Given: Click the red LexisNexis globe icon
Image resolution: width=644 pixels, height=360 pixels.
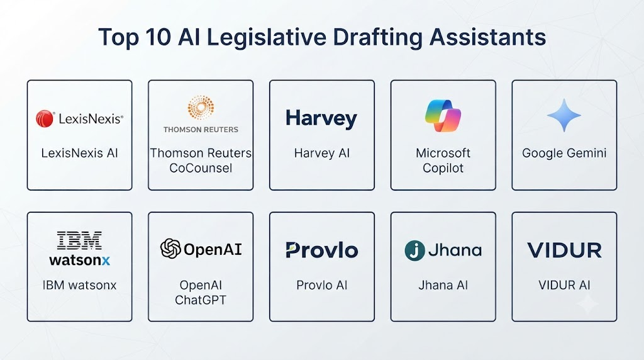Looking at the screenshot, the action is [45, 119].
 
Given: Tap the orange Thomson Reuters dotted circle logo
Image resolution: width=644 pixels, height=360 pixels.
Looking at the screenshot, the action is [201, 108].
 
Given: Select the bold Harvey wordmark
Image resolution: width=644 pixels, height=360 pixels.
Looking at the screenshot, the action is [321, 118].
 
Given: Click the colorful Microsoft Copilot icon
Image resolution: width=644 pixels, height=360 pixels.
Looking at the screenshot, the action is [443, 115].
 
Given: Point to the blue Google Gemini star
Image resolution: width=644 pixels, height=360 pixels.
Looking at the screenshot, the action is [564, 115].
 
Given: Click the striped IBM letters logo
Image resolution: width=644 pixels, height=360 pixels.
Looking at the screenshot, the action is [79, 240].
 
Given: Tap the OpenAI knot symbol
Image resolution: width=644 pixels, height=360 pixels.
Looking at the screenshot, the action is [170, 249].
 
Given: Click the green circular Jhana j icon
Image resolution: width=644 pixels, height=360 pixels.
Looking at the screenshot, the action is [414, 250].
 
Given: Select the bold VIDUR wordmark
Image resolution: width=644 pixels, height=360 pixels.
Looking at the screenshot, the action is [564, 250].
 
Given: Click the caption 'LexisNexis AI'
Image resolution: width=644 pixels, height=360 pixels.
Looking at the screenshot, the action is [79, 154].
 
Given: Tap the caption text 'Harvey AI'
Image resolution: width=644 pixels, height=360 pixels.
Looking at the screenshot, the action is [321, 154].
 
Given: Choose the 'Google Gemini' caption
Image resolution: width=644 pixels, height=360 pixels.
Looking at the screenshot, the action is [564, 154].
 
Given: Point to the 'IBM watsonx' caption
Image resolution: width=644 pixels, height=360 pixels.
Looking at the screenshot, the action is [79, 285].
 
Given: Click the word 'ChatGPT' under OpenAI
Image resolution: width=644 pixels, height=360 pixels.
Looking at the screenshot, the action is [201, 300].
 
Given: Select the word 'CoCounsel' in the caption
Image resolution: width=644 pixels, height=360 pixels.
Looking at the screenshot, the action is [201, 168].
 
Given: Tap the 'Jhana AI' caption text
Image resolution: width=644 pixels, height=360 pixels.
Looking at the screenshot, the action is [443, 285].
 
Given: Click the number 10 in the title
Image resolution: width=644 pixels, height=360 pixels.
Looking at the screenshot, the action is [158, 37].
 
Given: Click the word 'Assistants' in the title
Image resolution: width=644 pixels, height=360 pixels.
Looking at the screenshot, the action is [487, 37].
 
